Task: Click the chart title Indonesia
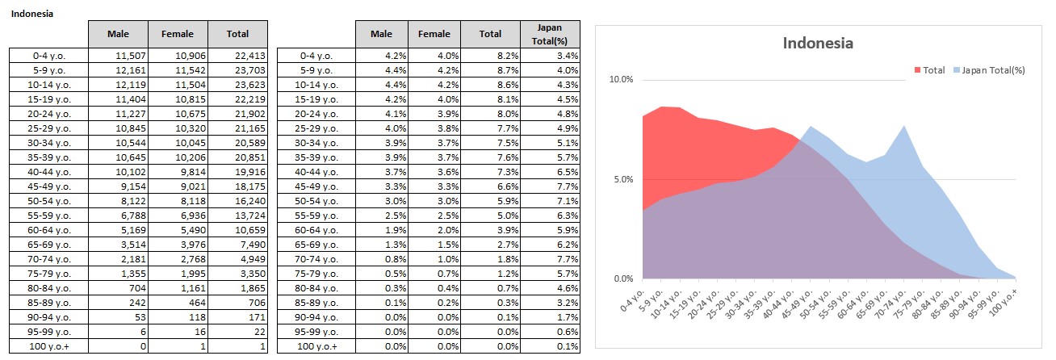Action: pos(818,44)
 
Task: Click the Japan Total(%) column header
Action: pos(549,33)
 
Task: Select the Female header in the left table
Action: pos(178,33)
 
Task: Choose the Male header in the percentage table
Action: pos(381,33)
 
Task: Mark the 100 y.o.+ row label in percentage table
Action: pos(316,346)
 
